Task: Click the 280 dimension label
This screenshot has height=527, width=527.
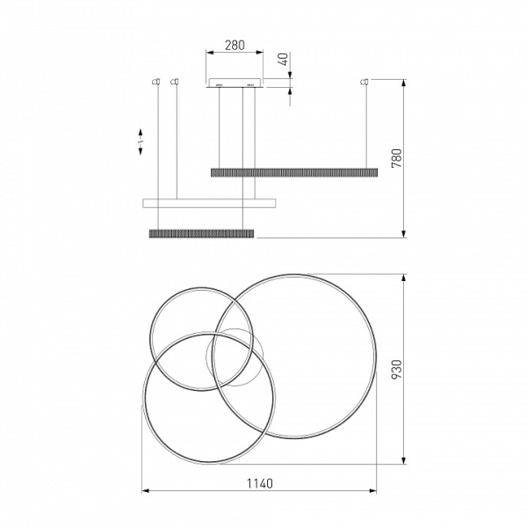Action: tap(235, 45)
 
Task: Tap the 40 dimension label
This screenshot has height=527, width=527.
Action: tap(284, 59)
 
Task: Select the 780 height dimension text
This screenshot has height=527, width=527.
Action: tap(397, 158)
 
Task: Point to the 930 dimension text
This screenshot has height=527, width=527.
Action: tap(397, 370)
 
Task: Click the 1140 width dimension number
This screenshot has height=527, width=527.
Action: tap(260, 484)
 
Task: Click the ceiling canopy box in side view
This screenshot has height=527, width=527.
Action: tap(235, 83)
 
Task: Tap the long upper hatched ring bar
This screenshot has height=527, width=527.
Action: tap(294, 172)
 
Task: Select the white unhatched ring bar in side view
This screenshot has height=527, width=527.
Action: tap(209, 203)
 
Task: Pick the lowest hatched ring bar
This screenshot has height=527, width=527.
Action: tap(201, 234)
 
